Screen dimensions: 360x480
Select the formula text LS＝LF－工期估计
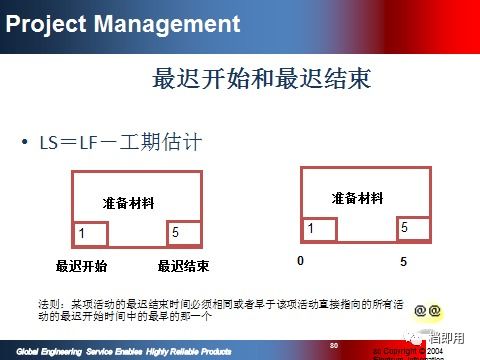(x=120, y=143)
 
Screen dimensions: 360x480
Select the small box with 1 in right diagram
(x=317, y=230)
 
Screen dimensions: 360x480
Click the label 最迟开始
(x=82, y=266)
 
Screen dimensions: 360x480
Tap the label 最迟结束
(x=183, y=266)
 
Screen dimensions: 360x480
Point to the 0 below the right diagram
(x=299, y=261)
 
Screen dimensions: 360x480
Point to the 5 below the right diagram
(x=404, y=261)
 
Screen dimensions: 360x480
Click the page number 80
(x=333, y=345)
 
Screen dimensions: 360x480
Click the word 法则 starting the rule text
(x=49, y=302)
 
